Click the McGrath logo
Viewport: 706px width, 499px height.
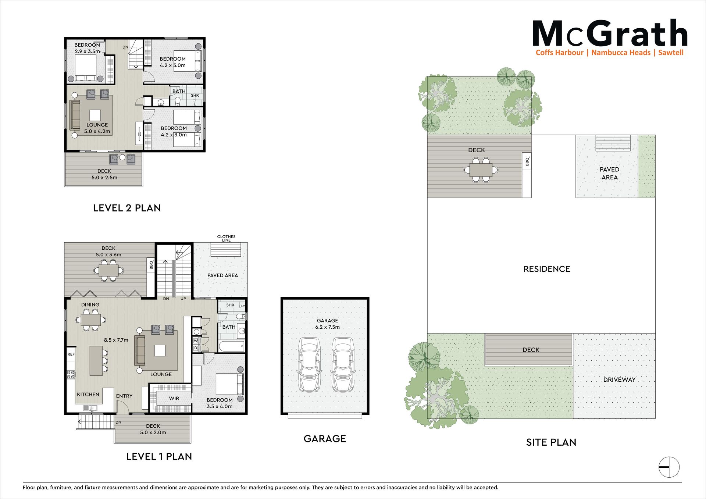(x=610, y=38)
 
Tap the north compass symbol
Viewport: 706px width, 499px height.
(x=669, y=467)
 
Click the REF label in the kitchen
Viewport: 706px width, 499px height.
(x=71, y=354)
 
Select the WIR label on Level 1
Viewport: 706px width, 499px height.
(x=174, y=398)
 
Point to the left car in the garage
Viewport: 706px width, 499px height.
(x=309, y=364)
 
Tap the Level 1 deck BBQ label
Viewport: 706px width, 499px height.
(x=151, y=264)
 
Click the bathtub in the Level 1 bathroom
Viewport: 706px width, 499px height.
(x=232, y=346)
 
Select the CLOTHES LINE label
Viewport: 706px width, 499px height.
(x=226, y=238)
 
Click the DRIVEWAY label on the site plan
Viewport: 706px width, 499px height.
(x=619, y=379)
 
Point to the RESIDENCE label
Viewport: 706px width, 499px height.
(x=547, y=269)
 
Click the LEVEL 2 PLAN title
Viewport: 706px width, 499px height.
(x=127, y=208)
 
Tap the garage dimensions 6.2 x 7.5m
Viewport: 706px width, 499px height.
(x=327, y=327)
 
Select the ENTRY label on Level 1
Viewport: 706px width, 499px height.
(x=124, y=396)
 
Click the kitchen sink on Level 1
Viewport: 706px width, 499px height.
(x=90, y=408)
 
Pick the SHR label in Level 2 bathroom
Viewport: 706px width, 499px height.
(x=195, y=95)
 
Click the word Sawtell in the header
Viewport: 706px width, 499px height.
(x=671, y=53)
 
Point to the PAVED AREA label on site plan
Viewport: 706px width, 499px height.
(x=609, y=173)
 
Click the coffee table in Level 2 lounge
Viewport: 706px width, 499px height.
(x=95, y=115)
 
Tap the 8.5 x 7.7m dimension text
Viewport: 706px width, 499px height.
(x=116, y=340)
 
